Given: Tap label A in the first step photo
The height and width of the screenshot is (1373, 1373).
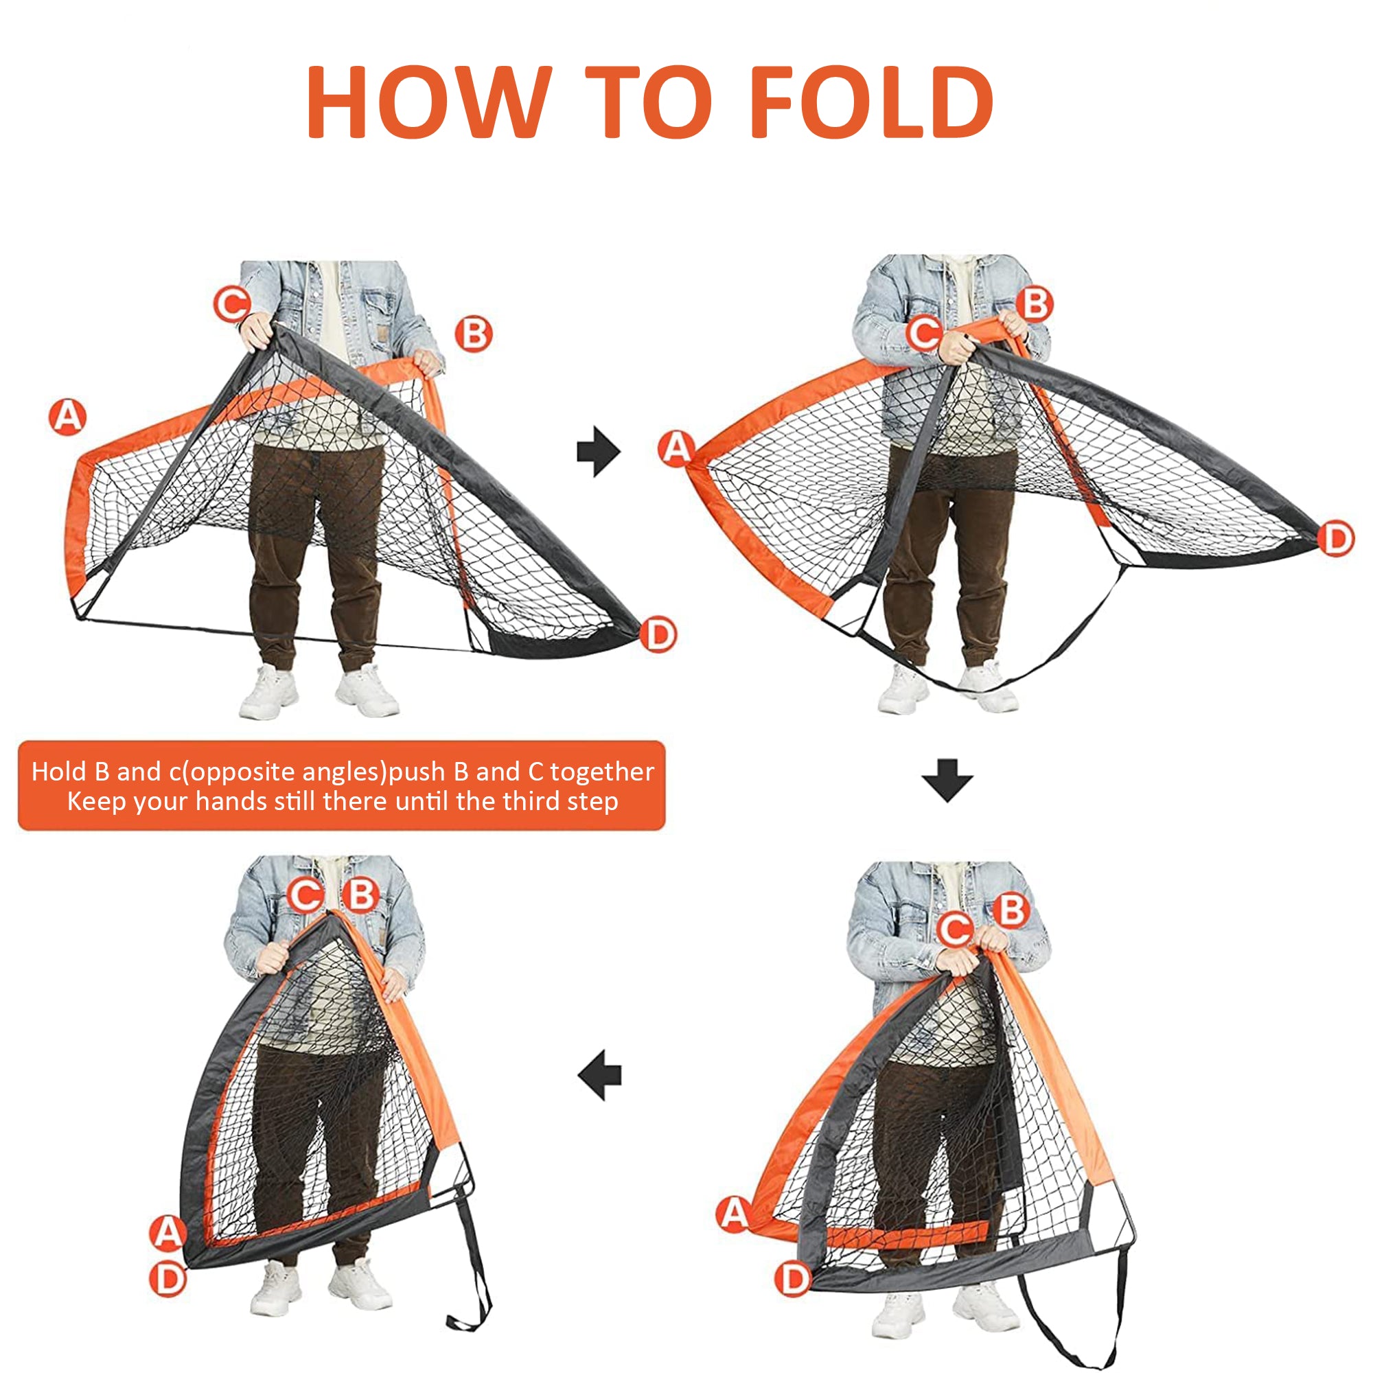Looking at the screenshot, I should point(68,417).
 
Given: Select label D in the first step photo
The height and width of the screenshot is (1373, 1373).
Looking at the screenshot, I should point(658,634).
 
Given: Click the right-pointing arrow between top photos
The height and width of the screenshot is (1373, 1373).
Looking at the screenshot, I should point(599,451).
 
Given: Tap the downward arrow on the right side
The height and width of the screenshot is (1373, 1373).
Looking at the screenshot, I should point(947,781).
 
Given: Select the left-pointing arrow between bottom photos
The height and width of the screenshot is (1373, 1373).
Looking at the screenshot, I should point(600,1074).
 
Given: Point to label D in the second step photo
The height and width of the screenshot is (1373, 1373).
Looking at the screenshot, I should point(1337,539).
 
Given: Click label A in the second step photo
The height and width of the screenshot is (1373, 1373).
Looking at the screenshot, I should point(677,448).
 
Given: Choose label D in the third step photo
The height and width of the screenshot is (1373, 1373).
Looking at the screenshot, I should point(793,1279).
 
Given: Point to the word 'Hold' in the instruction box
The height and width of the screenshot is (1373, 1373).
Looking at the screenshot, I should point(58,772).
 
